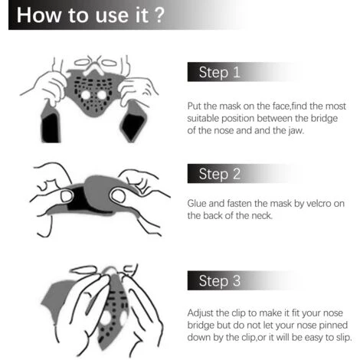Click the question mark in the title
(159, 15)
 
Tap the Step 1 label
(219, 72)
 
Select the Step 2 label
(220, 174)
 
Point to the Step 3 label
(220, 281)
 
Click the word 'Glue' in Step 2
(197, 204)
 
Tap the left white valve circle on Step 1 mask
(86, 95)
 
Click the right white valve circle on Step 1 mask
(102, 95)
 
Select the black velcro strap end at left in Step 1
(51, 128)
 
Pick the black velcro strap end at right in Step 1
(133, 127)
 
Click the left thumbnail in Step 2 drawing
(67, 196)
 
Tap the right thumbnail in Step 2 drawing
(118, 196)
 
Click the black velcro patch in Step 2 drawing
(77, 198)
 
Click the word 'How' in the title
(39, 15)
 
